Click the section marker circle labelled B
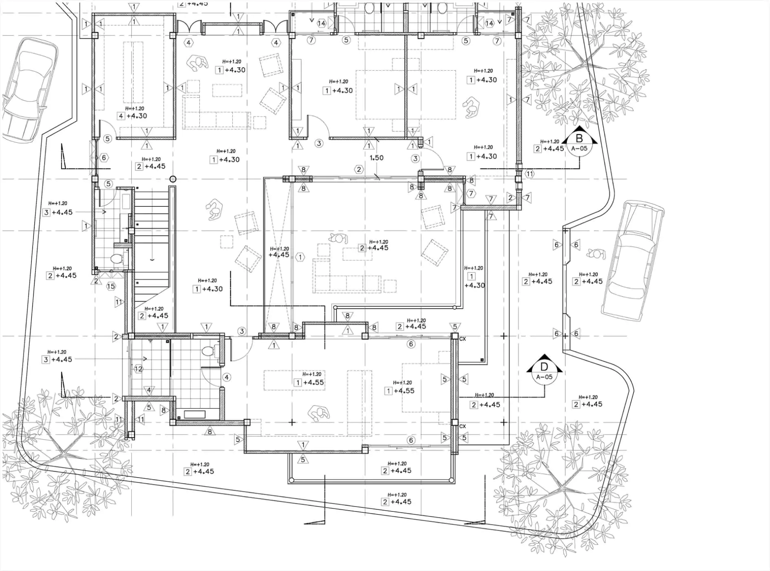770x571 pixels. pyautogui.click(x=579, y=144)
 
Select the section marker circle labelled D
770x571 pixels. pyautogui.click(x=544, y=372)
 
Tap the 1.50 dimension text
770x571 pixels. pyautogui.click(x=376, y=158)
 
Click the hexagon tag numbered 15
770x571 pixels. pyautogui.click(x=111, y=286)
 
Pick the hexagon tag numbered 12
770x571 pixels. pyautogui.click(x=139, y=369)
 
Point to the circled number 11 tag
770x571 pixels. pyautogui.click(x=529, y=174)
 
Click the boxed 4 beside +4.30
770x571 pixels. pyautogui.click(x=121, y=116)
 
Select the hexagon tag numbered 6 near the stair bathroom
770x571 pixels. pyautogui.click(x=104, y=158)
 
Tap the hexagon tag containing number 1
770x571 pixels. pyautogui.click(x=300, y=257)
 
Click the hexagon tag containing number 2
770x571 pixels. pyautogui.click(x=359, y=169)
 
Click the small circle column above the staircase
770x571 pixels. pyautogui.click(x=173, y=179)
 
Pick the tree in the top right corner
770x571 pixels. pyautogui.click(x=583, y=65)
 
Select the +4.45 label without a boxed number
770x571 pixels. pyautogui.click(x=279, y=255)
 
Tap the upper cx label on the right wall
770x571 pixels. pyautogui.click(x=463, y=339)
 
